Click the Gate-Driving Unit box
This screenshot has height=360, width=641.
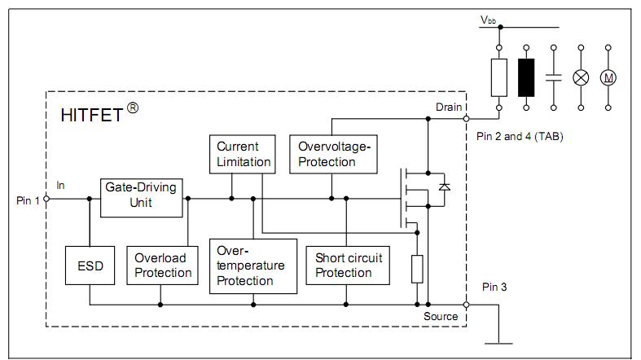(x=142, y=198)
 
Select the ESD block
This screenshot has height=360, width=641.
(x=90, y=266)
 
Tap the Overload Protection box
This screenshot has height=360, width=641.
(x=162, y=266)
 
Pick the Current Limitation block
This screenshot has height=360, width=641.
(x=243, y=155)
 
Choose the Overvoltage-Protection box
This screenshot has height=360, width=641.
(x=333, y=155)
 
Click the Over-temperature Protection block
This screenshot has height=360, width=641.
(x=253, y=266)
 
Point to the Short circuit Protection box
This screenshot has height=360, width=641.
(x=348, y=266)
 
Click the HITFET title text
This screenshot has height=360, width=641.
(x=99, y=112)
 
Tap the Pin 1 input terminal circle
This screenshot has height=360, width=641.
(x=46, y=199)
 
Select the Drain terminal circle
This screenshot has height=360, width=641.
(x=466, y=119)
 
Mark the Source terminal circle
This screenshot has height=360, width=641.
(x=466, y=305)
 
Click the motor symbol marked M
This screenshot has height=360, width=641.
(x=608, y=77)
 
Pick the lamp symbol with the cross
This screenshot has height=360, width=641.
(x=581, y=77)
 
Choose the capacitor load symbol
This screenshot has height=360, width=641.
(x=554, y=77)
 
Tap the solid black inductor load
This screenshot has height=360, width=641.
(x=526, y=77)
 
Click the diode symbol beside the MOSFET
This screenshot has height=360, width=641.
(x=445, y=187)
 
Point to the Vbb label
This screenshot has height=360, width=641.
(x=489, y=20)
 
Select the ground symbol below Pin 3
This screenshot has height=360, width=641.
(x=498, y=343)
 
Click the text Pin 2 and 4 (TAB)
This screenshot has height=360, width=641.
(x=520, y=136)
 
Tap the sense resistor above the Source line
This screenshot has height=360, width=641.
(x=417, y=269)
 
